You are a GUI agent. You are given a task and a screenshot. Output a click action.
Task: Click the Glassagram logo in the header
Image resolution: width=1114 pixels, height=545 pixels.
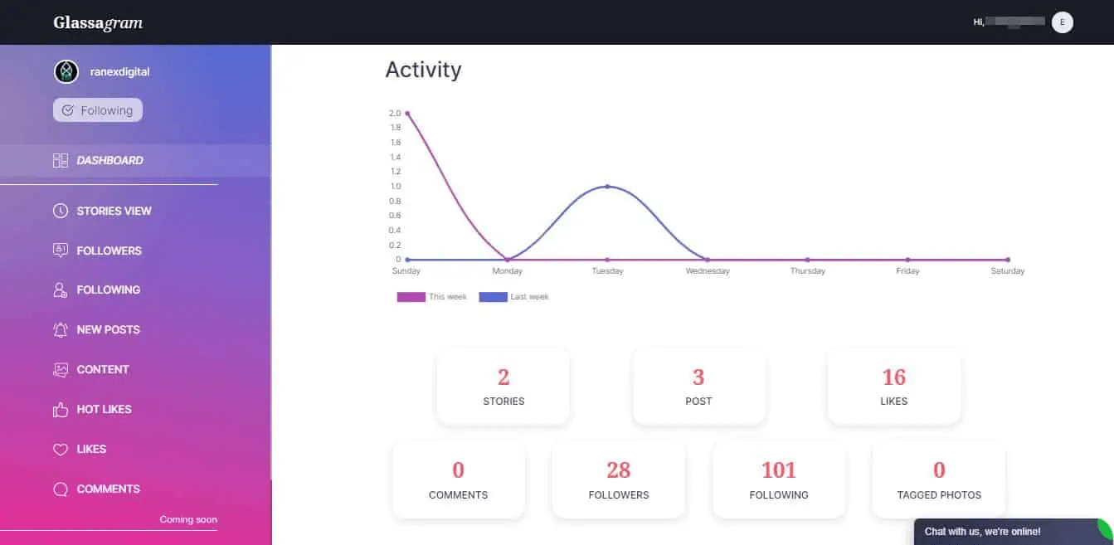(x=98, y=22)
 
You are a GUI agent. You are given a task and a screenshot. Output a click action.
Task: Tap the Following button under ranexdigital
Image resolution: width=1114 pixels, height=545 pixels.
(x=98, y=110)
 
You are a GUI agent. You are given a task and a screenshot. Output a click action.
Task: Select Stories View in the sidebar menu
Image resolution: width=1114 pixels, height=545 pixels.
(x=114, y=211)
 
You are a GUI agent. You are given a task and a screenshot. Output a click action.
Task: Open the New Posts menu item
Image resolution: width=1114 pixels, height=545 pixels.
(x=108, y=329)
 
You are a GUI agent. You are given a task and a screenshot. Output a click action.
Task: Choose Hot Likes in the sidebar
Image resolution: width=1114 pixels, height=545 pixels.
(x=104, y=409)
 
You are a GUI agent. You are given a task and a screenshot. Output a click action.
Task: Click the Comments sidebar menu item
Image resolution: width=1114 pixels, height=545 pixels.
(x=108, y=489)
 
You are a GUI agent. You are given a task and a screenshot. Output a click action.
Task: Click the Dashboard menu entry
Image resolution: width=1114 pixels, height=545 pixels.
(x=109, y=160)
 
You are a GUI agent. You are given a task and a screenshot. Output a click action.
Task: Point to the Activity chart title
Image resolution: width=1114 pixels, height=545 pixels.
(x=423, y=70)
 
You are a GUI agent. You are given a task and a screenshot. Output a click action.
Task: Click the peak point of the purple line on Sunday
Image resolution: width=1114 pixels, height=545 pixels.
(x=407, y=113)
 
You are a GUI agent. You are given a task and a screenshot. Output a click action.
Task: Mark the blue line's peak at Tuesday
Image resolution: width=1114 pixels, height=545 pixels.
(x=607, y=186)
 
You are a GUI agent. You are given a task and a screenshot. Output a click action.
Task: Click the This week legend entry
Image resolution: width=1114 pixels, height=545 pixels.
(x=432, y=297)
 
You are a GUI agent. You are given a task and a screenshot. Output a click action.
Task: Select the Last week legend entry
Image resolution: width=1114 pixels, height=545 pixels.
(x=514, y=297)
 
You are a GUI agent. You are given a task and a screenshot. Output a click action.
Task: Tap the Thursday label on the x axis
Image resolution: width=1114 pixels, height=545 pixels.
(x=807, y=271)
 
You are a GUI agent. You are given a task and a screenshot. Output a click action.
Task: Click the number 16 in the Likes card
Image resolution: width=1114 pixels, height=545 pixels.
(x=893, y=377)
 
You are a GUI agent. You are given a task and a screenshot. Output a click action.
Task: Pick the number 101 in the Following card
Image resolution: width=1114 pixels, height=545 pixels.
(x=778, y=470)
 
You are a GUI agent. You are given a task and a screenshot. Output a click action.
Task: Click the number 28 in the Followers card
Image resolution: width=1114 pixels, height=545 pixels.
(x=618, y=470)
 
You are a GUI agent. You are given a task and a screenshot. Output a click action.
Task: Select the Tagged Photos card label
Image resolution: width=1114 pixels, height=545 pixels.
(x=939, y=495)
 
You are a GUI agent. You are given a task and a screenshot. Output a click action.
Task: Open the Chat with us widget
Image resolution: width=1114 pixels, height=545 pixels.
(x=983, y=532)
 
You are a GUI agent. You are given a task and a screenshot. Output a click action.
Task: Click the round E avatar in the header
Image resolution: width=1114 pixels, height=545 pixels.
(x=1062, y=22)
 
